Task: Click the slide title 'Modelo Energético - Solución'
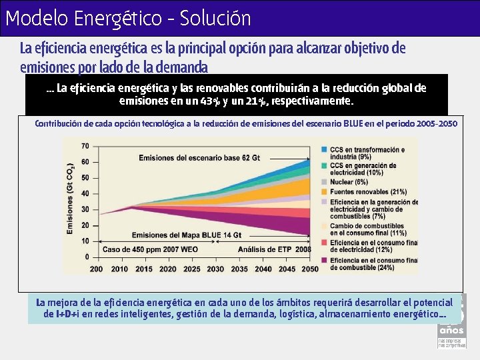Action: [128, 18]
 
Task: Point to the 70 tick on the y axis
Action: [85, 146]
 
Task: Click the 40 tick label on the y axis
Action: [85, 193]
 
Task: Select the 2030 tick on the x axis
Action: [215, 269]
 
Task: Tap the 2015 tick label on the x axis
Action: [144, 269]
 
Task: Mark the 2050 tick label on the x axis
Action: [309, 269]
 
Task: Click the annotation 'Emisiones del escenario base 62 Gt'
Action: [199, 157]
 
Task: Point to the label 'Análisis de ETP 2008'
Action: [275, 250]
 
